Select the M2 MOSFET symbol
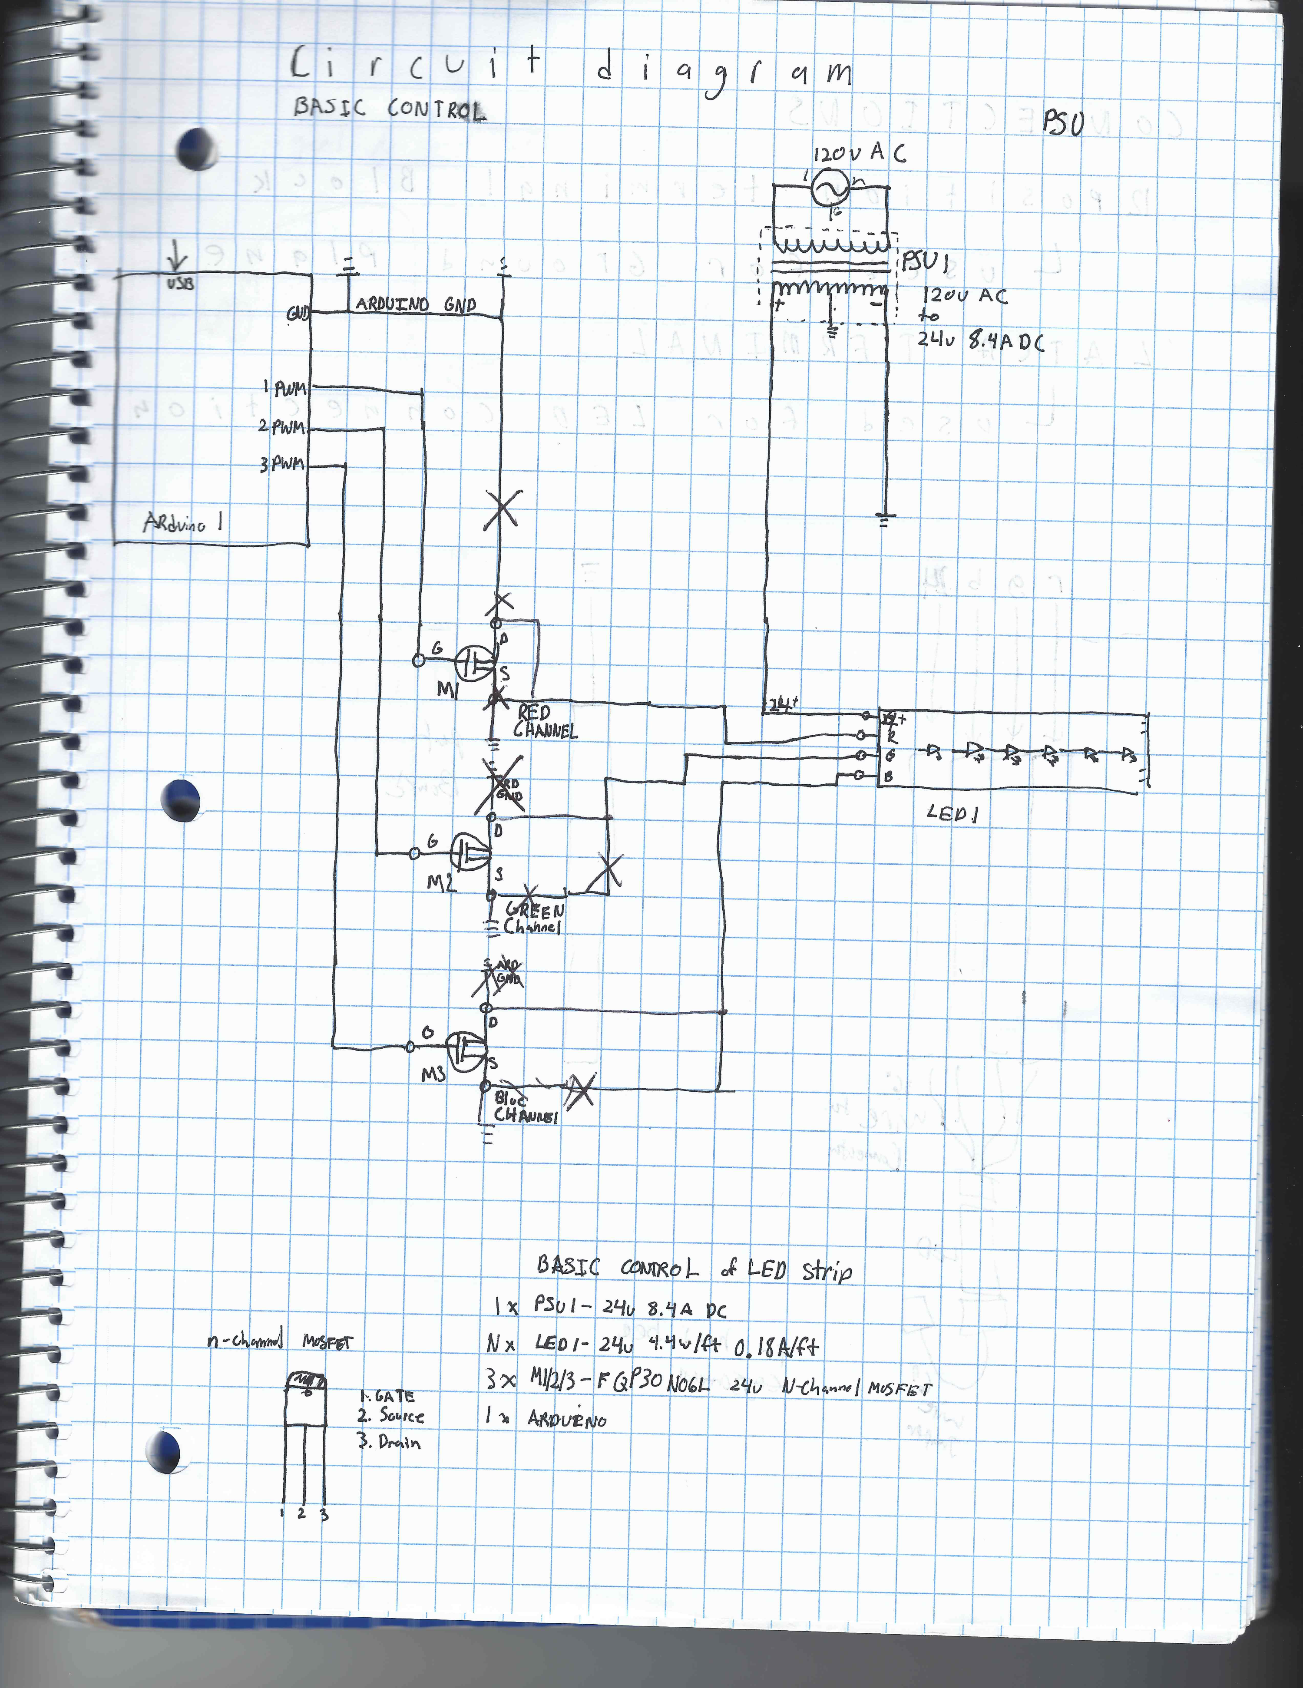click(x=470, y=852)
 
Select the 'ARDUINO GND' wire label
click(x=415, y=304)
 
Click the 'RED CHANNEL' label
click(x=544, y=721)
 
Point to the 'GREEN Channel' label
click(x=533, y=918)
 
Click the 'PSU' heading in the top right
click(x=1063, y=122)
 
